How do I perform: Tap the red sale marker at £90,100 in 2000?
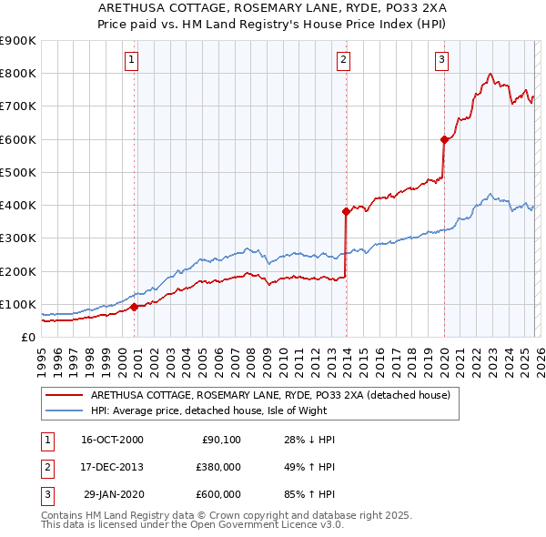pyautogui.click(x=135, y=307)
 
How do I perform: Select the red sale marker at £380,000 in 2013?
pyautogui.click(x=346, y=212)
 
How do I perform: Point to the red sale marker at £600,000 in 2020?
pyautogui.click(x=444, y=139)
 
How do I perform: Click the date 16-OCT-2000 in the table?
pyautogui.click(x=112, y=441)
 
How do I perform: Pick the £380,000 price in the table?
pyautogui.click(x=218, y=467)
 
